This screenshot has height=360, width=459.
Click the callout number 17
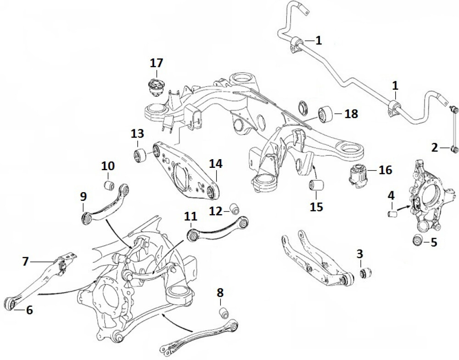[x=156, y=63]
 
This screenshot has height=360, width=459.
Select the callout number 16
[x=385, y=170]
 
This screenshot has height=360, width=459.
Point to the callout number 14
[x=216, y=164]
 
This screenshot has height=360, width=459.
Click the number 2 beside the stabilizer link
[x=434, y=148]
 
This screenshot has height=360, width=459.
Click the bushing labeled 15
[x=317, y=185]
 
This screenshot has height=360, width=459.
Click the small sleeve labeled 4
[x=392, y=214]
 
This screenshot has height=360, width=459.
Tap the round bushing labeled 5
[x=417, y=240]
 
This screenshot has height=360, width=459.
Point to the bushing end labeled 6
[x=10, y=303]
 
